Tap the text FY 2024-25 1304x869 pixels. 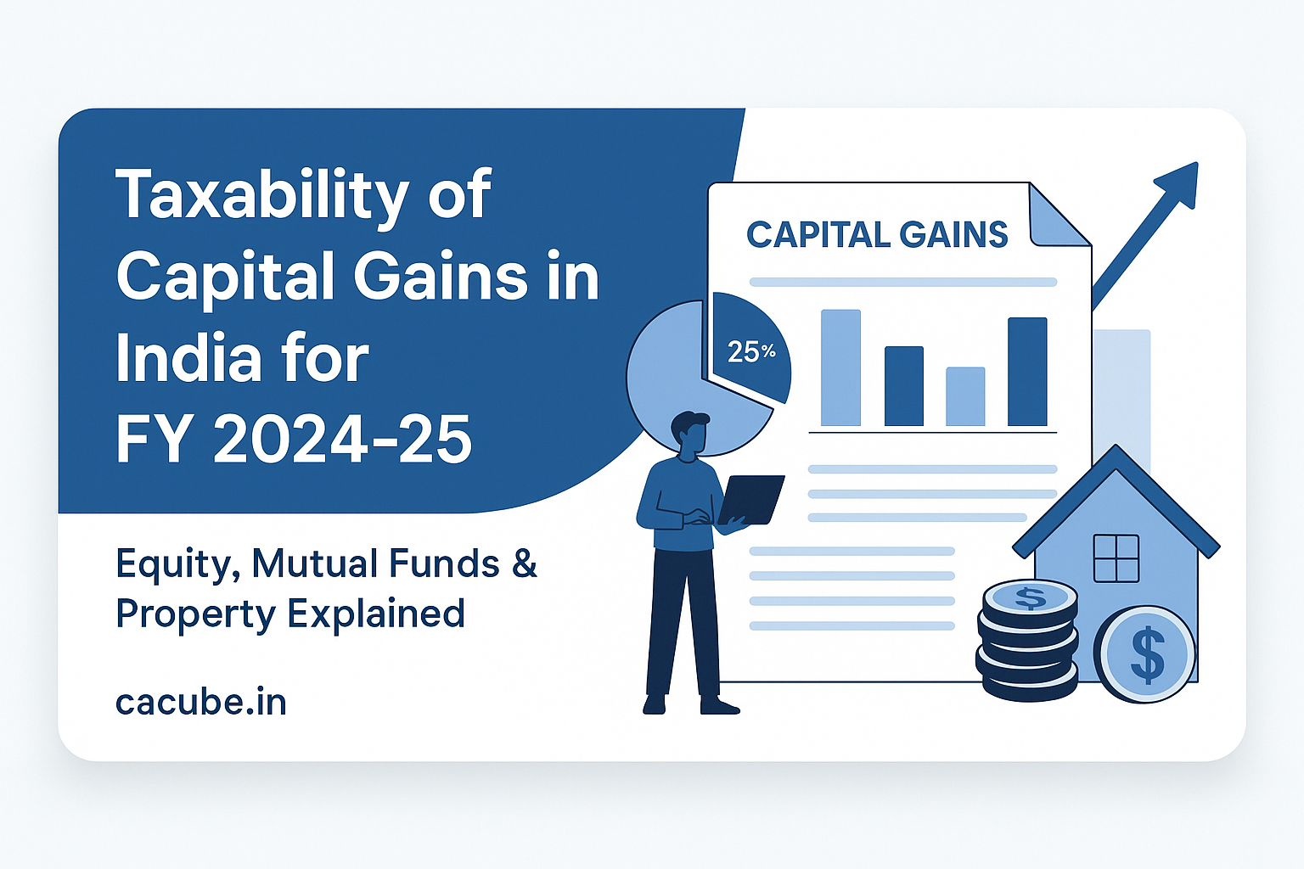pos(294,440)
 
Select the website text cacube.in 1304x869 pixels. pos(201,702)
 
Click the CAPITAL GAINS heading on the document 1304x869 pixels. pos(877,235)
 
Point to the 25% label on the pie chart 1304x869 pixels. pos(751,351)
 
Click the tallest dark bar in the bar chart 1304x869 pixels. pos(1027,372)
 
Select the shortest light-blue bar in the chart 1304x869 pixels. pos(965,396)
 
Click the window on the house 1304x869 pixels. pos(1116,558)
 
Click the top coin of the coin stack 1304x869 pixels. pos(1030,598)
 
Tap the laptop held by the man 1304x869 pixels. pos(751,500)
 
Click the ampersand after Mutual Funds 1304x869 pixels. pos(525,563)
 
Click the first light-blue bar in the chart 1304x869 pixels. pos(840,367)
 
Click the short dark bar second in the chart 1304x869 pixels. pos(903,386)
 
